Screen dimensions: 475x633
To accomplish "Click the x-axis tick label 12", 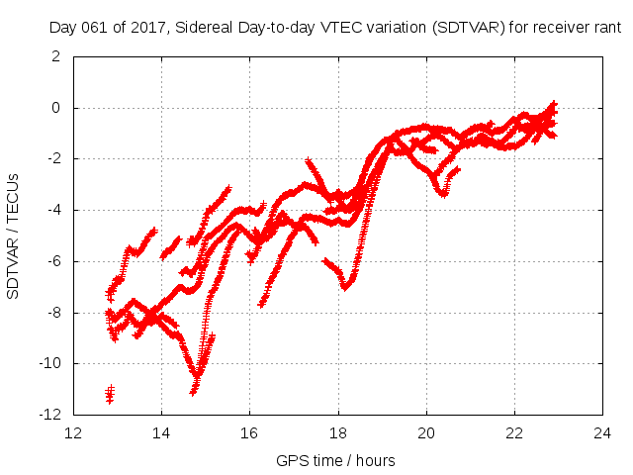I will coord(73,432).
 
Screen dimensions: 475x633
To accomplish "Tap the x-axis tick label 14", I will coord(161,432).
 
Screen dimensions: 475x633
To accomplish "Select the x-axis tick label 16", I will coord(249,432).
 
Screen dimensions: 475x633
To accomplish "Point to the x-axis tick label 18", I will coord(337,432).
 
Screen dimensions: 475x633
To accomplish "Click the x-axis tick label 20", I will coord(426,432).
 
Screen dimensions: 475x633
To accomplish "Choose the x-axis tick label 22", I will coord(514,432).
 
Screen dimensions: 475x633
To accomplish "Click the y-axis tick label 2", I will coord(56,56).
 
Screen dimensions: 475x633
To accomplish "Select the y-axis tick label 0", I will coord(56,108).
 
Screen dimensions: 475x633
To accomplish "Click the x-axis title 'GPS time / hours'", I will coord(337,460).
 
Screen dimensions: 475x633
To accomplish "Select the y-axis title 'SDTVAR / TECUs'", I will coord(14,236).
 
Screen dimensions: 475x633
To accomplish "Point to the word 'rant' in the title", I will coord(605,29).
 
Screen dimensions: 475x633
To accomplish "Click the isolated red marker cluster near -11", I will coord(110,395).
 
